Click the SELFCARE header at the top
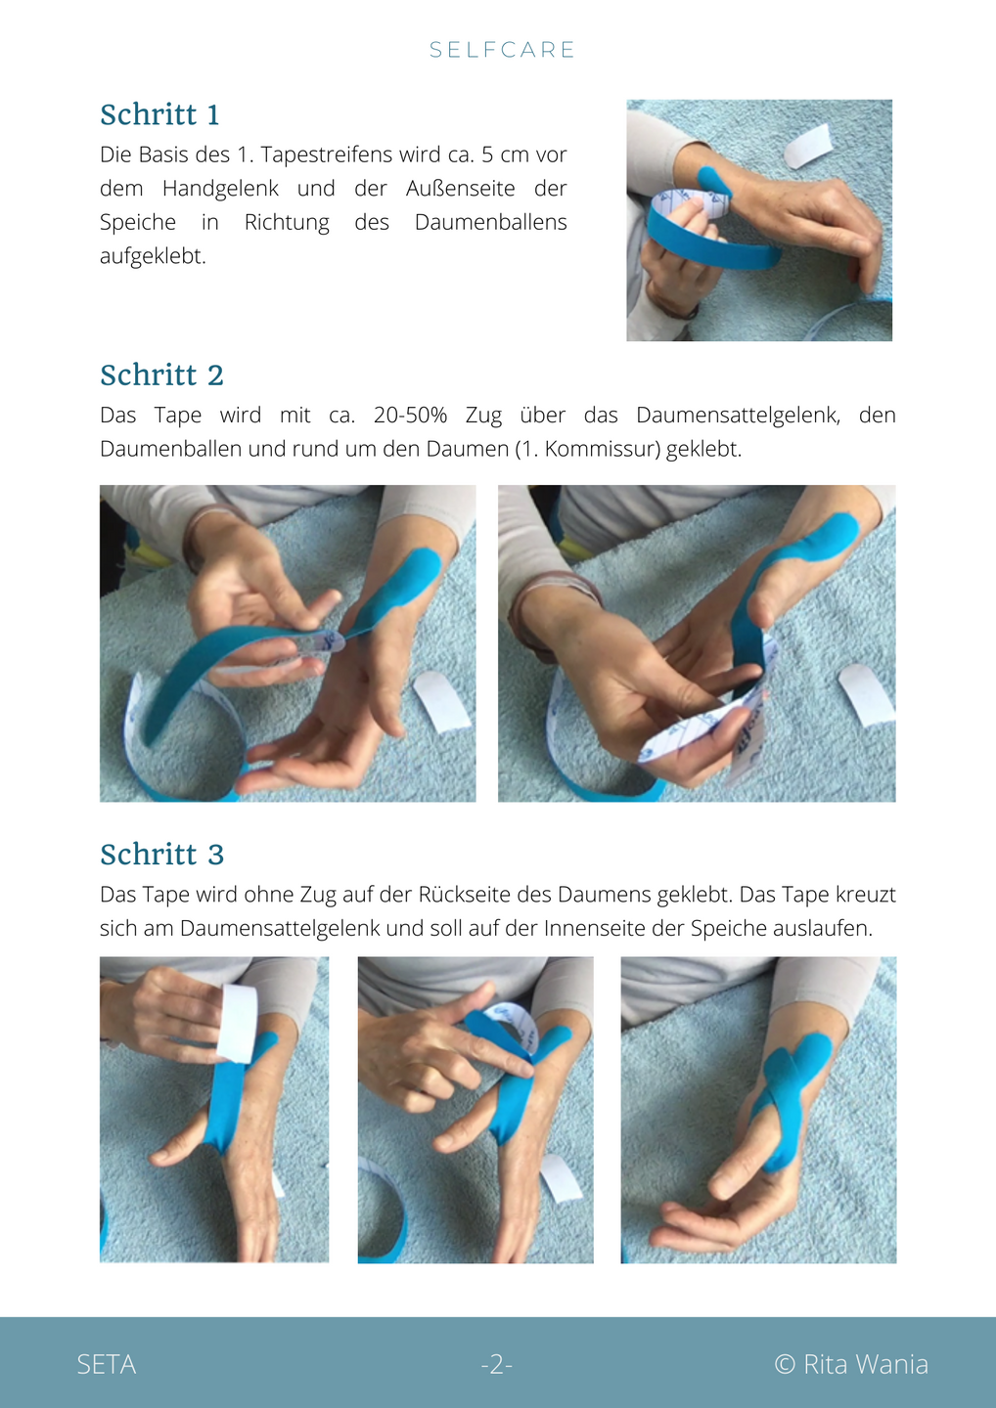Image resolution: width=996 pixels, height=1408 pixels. tap(502, 50)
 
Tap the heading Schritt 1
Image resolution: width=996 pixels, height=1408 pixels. tap(159, 115)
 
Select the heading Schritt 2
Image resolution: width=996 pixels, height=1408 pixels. tap(161, 375)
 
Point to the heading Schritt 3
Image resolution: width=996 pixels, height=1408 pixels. tap(161, 855)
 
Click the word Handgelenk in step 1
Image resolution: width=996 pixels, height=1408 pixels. tap(220, 189)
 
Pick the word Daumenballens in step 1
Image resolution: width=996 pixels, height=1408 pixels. tap(490, 222)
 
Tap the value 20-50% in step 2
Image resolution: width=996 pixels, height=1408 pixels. tap(410, 416)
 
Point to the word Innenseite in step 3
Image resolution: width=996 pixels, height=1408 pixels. tap(594, 929)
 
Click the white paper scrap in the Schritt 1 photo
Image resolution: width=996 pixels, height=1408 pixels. tap(808, 146)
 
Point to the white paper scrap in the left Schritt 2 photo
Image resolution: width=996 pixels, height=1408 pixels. tap(441, 701)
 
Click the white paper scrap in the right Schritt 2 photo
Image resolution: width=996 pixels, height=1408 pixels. tap(867, 694)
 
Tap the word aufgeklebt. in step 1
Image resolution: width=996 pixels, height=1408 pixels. tap(153, 256)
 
